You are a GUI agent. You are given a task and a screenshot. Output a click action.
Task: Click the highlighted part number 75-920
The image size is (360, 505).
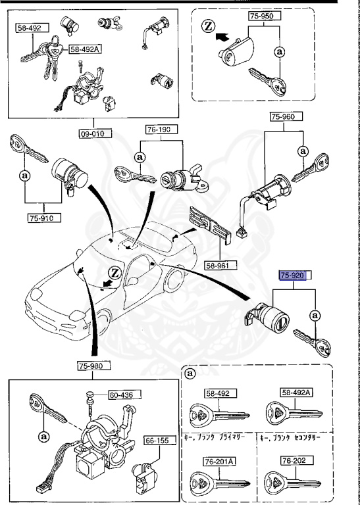[293, 276]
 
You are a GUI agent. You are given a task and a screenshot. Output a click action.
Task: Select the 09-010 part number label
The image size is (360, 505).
[94, 133]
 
